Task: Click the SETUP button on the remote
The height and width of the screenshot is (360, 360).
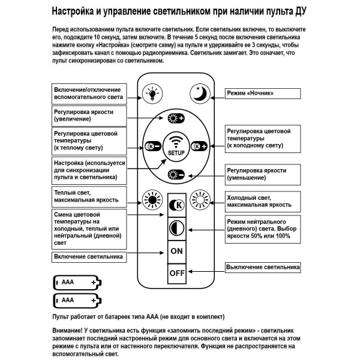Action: click(176, 146)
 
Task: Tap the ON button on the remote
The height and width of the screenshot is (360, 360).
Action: click(176, 251)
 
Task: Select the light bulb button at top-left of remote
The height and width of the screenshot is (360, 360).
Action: click(152, 93)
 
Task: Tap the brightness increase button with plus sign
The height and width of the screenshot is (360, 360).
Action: click(176, 118)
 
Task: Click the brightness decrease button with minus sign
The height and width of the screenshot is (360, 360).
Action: click(176, 175)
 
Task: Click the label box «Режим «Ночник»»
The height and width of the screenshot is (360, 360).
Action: click(262, 94)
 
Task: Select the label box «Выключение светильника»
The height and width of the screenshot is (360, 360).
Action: click(262, 267)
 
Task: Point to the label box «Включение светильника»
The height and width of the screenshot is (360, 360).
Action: click(89, 257)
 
